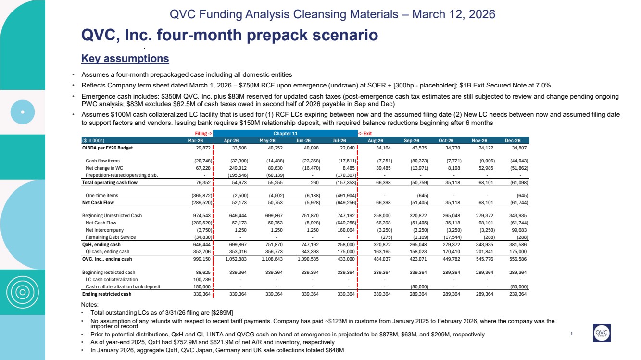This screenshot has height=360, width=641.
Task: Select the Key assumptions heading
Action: pos(125,59)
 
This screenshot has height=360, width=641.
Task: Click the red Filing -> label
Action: pos(203,133)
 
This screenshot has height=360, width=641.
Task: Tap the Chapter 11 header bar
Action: pos(285,133)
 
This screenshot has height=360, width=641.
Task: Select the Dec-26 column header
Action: pos(519,140)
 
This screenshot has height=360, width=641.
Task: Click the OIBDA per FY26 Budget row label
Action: pos(107,148)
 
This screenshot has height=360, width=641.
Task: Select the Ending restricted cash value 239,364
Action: pos(517,294)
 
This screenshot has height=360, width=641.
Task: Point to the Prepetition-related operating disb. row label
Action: pos(118,175)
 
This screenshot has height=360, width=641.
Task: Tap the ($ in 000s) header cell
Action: pos(93,140)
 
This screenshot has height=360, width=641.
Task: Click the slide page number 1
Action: pos(571,335)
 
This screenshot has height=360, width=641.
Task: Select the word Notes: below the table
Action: pos(91,305)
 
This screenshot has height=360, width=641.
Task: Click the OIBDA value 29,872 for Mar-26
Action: pos(198,148)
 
